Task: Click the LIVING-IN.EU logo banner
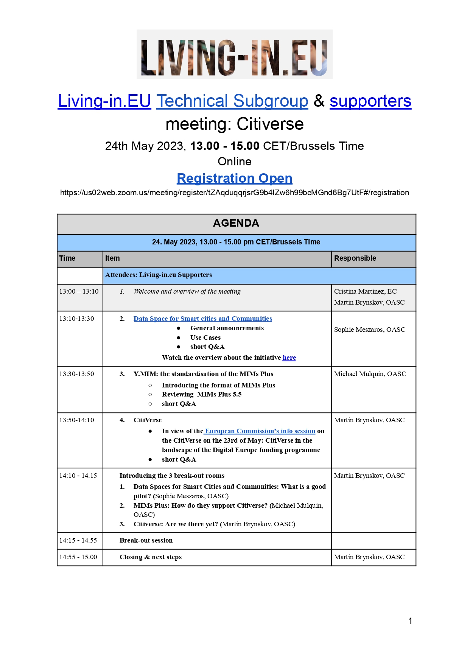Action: click(x=234, y=54)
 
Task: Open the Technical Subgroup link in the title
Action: click(x=232, y=101)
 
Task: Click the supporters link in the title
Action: click(x=370, y=101)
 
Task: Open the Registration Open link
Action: click(x=234, y=178)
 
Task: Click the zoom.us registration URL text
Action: click(x=234, y=193)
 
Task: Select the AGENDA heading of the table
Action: click(x=236, y=223)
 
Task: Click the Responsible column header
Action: click(x=355, y=258)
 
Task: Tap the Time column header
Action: click(x=67, y=258)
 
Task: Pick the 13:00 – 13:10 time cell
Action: click(x=79, y=291)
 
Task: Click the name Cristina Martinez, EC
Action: click(x=365, y=291)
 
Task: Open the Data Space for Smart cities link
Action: click(x=202, y=319)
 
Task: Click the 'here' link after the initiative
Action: click(x=289, y=358)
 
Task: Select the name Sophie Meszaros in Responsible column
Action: click(x=369, y=330)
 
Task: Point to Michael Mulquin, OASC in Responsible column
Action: click(x=370, y=374)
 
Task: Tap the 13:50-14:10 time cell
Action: click(x=76, y=420)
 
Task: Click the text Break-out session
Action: click(x=146, y=540)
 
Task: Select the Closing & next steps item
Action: click(x=151, y=557)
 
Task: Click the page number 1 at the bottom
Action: click(x=410, y=621)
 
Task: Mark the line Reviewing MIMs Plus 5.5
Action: click(x=201, y=394)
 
